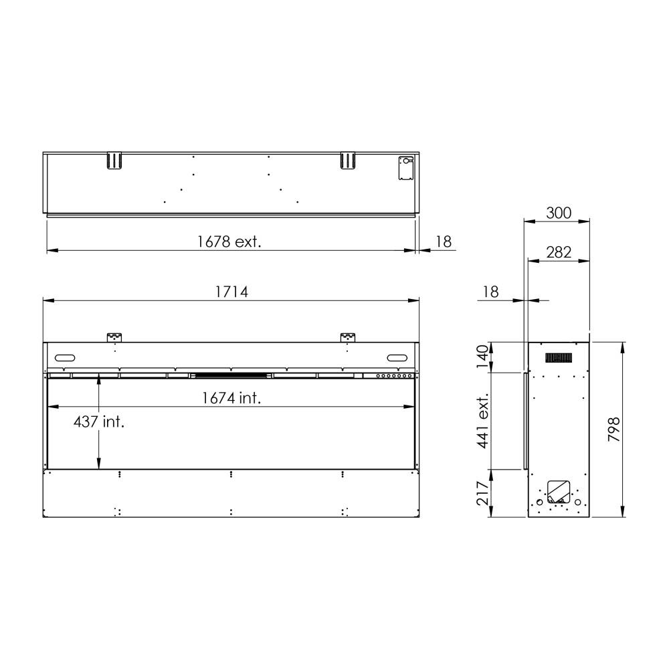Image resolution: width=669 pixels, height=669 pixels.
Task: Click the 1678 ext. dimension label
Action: (229, 242)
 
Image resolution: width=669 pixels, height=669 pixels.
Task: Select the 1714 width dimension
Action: (231, 292)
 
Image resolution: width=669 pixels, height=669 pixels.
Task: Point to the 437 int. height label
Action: (99, 422)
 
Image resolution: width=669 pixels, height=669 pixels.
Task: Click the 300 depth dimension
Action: (559, 213)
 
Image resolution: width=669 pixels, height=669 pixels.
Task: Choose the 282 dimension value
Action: (559, 252)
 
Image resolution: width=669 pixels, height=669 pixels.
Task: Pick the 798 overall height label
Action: (614, 429)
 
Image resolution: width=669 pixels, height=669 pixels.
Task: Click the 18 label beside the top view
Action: (444, 242)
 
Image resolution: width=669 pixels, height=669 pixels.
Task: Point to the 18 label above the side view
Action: (490, 292)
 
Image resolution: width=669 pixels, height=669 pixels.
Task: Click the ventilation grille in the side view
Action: (559, 359)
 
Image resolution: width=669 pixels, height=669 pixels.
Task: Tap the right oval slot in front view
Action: (396, 356)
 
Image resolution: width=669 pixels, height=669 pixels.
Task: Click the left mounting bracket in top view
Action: (114, 161)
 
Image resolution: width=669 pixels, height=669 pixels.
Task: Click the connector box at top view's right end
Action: (405, 168)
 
